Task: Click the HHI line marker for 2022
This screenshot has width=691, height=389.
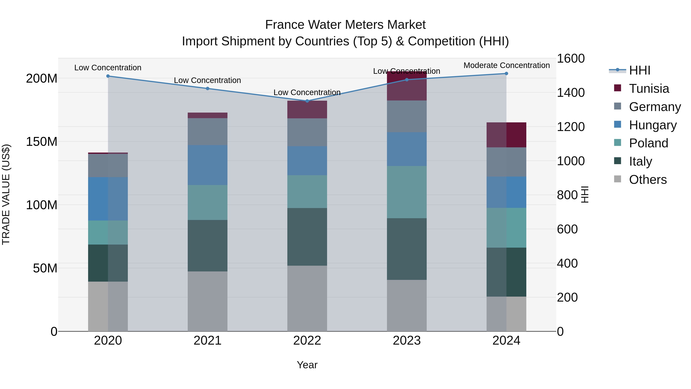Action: pyautogui.click(x=307, y=101)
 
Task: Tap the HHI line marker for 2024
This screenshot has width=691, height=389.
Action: pyautogui.click(x=506, y=74)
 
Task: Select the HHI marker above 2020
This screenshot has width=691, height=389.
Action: pyautogui.click(x=108, y=76)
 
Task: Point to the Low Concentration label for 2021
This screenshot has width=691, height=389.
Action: pyautogui.click(x=207, y=80)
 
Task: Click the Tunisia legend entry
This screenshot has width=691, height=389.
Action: pyautogui.click(x=649, y=89)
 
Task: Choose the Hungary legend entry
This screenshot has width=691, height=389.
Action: pyautogui.click(x=652, y=125)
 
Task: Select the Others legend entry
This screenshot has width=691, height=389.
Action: pyautogui.click(x=648, y=180)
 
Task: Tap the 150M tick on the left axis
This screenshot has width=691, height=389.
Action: pyautogui.click(x=42, y=141)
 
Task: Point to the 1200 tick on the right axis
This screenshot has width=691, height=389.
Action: pyautogui.click(x=571, y=127)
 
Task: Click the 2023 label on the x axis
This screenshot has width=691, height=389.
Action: pyautogui.click(x=407, y=341)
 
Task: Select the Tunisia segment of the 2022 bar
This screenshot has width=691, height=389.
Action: pyautogui.click(x=307, y=109)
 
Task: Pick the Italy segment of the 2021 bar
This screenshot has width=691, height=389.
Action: pyautogui.click(x=207, y=246)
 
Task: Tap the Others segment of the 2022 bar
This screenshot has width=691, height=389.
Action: pyautogui.click(x=307, y=298)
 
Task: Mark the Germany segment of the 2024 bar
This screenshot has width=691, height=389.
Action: pyautogui.click(x=506, y=162)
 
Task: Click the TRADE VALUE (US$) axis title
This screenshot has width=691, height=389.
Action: pyautogui.click(x=6, y=194)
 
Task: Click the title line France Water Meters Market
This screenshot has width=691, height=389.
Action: pyautogui.click(x=345, y=25)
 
